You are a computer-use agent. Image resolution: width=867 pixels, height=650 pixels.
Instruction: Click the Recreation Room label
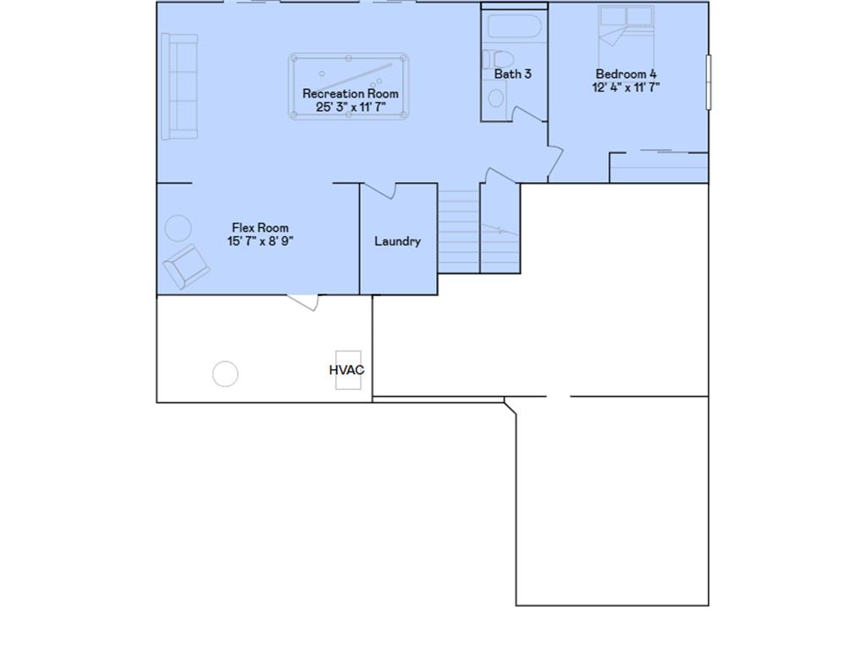[351, 93]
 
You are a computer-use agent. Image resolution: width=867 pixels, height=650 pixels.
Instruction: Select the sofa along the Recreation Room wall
[179, 86]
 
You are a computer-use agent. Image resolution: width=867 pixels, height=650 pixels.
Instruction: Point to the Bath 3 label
[513, 74]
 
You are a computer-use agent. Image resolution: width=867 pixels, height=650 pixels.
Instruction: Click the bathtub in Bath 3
[514, 28]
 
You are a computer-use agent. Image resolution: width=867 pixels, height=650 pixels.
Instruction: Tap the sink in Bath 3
[496, 96]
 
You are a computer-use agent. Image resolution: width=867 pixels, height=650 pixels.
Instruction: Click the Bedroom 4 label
[626, 74]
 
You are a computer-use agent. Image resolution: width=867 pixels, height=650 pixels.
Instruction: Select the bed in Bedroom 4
[626, 34]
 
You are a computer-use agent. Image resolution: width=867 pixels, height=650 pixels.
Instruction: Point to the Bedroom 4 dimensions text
[626, 87]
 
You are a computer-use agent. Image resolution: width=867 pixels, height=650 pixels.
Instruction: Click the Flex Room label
[260, 228]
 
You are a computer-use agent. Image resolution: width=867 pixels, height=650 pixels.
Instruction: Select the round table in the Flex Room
[178, 229]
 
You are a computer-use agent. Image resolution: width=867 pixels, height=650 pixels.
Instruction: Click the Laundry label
[397, 241]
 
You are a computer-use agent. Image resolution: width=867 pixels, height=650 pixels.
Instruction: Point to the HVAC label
[346, 370]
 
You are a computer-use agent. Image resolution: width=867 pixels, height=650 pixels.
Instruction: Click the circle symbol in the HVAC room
[225, 373]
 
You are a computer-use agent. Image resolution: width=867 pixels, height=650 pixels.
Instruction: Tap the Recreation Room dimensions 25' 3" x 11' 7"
[351, 107]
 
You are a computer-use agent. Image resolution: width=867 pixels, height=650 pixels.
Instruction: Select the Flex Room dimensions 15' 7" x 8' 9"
[260, 241]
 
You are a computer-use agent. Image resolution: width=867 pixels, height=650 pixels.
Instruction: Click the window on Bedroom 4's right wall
[709, 82]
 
